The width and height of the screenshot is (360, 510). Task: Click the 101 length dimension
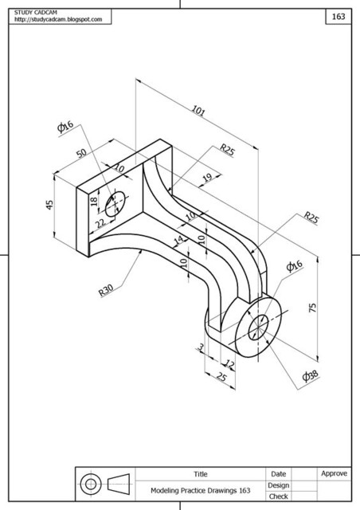pos(198,112)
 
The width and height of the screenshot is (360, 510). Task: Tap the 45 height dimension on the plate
pos(49,205)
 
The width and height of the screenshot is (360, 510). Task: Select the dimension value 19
pos(207,178)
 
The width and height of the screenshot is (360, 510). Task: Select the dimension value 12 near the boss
pos(229,364)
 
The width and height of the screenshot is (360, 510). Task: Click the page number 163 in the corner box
pos(338,16)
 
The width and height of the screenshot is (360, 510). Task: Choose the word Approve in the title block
pos(334,473)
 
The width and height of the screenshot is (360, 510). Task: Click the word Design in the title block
pos(279,484)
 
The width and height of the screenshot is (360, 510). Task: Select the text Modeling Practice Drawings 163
pos(200,491)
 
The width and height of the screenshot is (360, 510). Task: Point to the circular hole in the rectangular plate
pos(115,202)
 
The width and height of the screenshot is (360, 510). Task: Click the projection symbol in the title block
pos(104,484)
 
